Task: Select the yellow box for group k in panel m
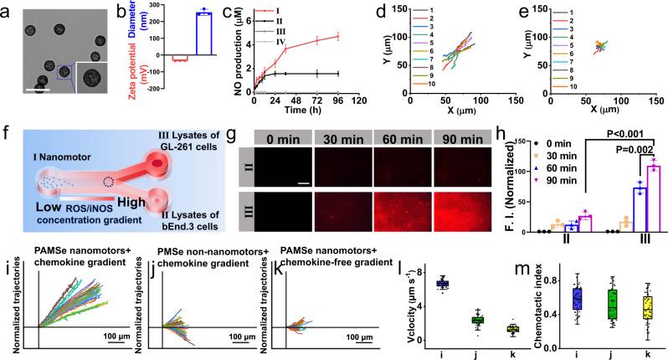pyautogui.click(x=647, y=307)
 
